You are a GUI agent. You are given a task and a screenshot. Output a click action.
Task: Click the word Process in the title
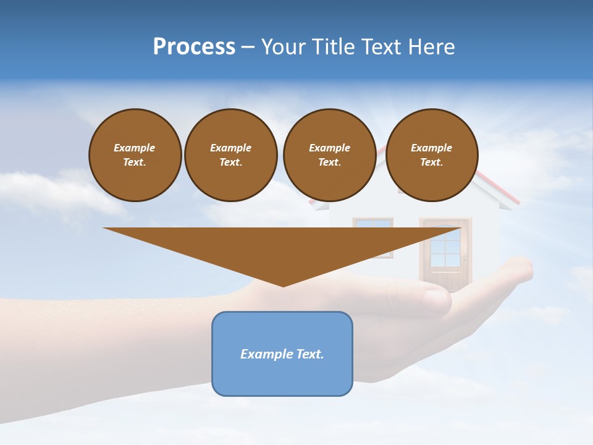pos(194,47)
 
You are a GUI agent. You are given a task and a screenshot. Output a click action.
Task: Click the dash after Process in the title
pos(248,48)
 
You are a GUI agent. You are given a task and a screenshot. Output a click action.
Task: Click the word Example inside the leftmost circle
pos(135,148)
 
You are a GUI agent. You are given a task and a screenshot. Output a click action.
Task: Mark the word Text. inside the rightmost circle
pos(432,163)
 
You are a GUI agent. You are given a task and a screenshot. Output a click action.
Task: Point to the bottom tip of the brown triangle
pos(283,285)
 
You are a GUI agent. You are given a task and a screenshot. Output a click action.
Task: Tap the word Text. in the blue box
pos(310,354)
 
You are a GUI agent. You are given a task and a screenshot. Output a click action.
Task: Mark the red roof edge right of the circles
pos(498,189)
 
